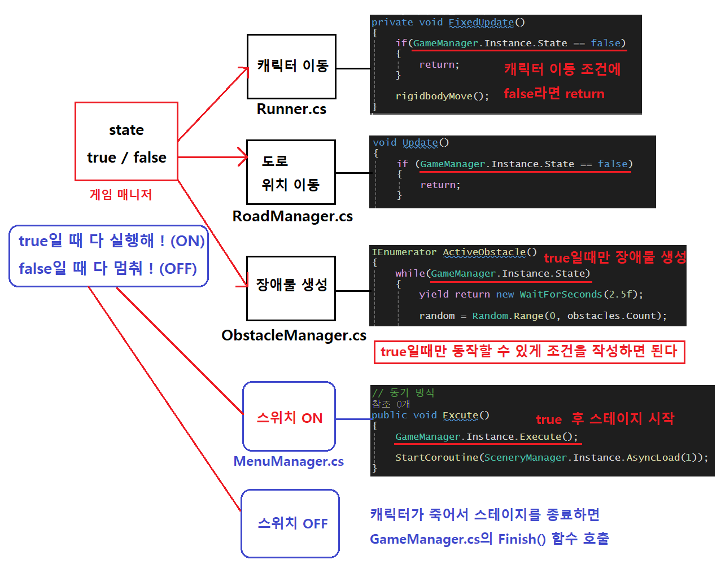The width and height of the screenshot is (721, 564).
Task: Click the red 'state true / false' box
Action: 126,142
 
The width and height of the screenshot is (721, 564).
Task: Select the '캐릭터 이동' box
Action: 291,67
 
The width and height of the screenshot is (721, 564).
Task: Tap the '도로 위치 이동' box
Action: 291,172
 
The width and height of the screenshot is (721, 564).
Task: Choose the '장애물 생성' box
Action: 291,288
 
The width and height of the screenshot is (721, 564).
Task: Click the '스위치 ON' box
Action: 289,417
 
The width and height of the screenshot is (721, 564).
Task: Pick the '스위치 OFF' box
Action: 290,523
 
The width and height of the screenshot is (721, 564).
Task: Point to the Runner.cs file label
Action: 291,109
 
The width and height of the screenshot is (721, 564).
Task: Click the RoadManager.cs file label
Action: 292,216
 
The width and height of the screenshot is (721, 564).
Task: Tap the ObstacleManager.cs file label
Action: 294,335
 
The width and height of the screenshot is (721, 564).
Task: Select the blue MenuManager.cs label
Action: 289,461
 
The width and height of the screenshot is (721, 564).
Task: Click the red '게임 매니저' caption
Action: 121,195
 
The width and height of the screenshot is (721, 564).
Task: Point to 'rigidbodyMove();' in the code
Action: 442,96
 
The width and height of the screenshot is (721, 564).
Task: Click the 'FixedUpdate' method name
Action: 481,23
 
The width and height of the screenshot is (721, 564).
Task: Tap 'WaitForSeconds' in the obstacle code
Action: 561,294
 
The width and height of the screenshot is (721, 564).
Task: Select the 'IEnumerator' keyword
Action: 404,252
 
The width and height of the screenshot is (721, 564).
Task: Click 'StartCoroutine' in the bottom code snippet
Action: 436,457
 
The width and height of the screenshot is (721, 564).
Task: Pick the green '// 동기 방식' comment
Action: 403,392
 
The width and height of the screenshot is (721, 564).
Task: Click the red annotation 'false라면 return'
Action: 554,94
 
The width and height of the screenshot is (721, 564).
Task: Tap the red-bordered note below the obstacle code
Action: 529,352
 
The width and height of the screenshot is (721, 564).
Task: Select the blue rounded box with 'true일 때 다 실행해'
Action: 109,256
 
